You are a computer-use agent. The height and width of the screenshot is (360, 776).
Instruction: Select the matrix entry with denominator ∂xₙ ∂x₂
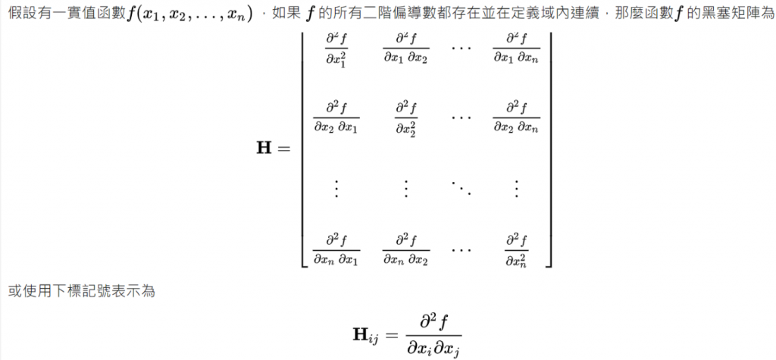click(x=405, y=249)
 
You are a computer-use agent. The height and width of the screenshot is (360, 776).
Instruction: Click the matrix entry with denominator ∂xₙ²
click(x=516, y=249)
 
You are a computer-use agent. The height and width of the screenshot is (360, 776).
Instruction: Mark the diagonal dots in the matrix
click(x=461, y=185)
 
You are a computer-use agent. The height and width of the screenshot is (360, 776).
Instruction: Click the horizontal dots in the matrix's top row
click(x=461, y=49)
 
